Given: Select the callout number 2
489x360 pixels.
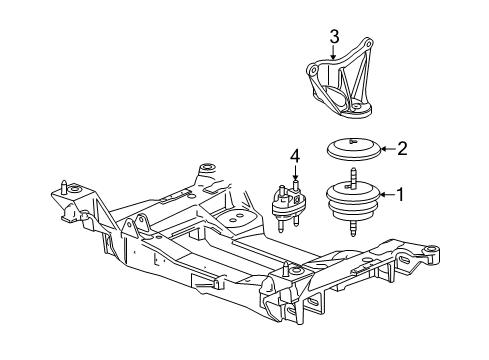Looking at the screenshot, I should click(402, 150).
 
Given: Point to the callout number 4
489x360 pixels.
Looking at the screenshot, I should click(295, 156).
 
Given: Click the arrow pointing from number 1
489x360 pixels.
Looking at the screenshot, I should click(385, 195).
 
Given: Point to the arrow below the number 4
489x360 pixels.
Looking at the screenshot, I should click(295, 173).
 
